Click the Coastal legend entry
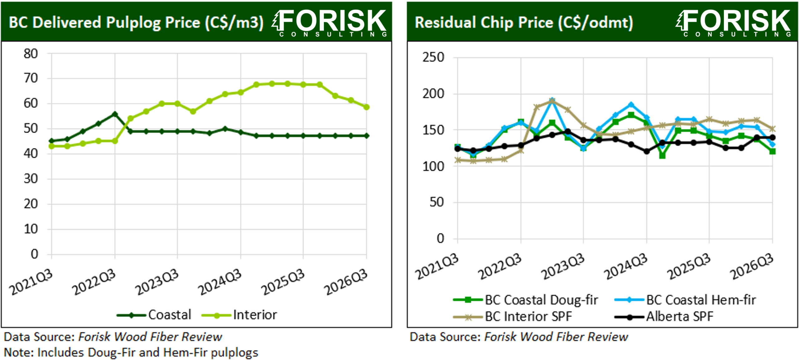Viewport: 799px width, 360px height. coord(154,315)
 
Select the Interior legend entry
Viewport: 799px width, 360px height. coord(239,315)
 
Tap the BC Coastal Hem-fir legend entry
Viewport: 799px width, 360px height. coord(685,300)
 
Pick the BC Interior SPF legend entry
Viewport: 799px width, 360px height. coord(512,317)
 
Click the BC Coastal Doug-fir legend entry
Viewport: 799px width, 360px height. coord(526,300)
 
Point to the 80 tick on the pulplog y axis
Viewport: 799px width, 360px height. coord(31,54)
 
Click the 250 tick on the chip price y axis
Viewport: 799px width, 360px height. coord(433,57)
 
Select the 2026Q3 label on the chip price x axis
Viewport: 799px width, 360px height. coord(752,267)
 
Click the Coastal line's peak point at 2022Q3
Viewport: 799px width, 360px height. coord(115,114)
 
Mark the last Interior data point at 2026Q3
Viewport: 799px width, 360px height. coord(366,107)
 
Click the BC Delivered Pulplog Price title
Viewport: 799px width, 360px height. coord(136,22)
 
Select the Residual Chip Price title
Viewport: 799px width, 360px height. coord(524,22)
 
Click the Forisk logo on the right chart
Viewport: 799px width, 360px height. coord(733,23)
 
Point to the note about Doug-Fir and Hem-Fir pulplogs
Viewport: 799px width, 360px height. coord(131,353)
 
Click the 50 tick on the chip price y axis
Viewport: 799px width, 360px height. coord(437,202)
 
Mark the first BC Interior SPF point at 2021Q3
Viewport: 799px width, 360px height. coord(458,160)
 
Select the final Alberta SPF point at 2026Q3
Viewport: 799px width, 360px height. coord(772,137)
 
